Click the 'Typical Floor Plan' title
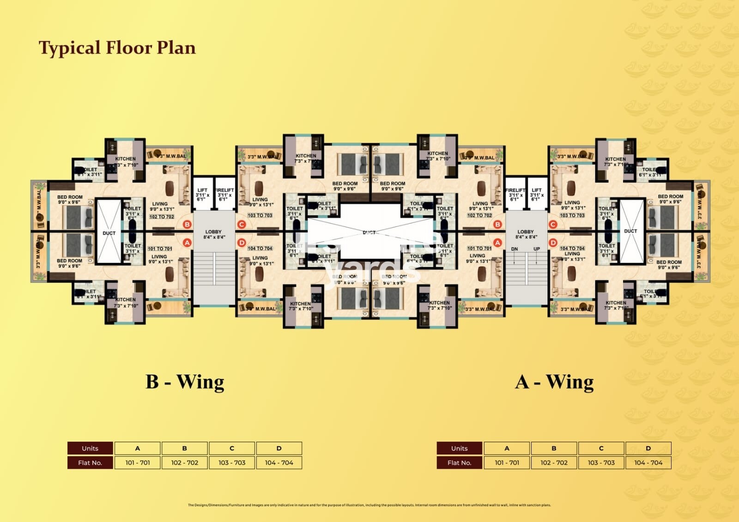click(117, 48)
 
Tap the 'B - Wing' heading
click(185, 382)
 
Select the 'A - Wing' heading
click(554, 382)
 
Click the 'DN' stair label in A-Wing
click(515, 249)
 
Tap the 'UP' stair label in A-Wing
click(537, 249)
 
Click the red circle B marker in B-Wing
click(187, 225)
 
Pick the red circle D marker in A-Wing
click(553, 243)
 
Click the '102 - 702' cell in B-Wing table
click(184, 462)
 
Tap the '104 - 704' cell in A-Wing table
click(648, 462)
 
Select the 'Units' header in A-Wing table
click(459, 448)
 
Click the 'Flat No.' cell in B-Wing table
click(90, 462)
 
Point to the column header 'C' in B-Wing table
click(232, 448)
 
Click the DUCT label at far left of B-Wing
click(109, 233)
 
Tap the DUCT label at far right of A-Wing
click(630, 231)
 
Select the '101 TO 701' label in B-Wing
click(160, 249)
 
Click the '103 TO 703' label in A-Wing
click(572, 215)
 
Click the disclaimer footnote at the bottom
click(369, 505)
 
